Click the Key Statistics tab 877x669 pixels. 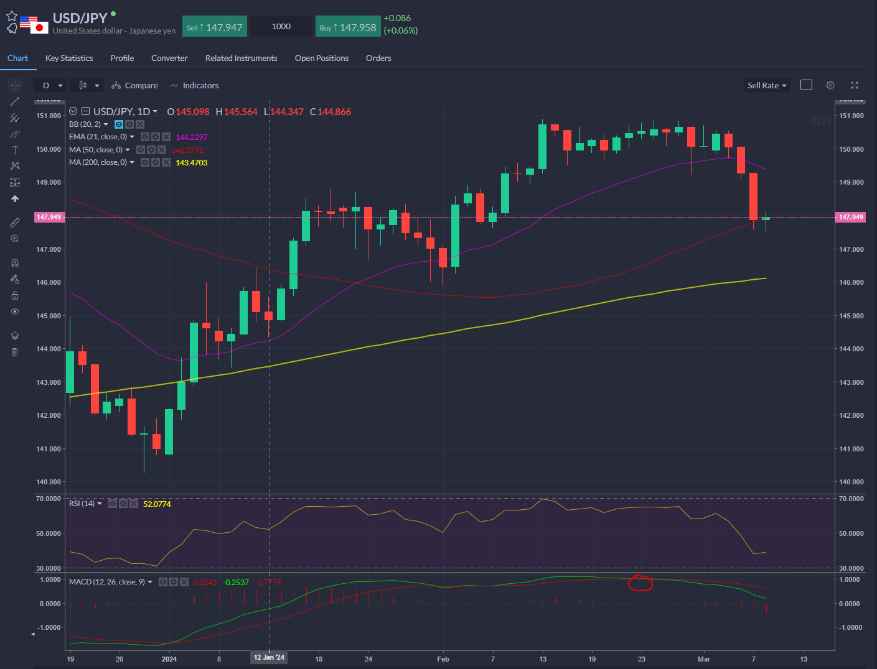pos(69,58)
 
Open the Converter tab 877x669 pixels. pos(169,58)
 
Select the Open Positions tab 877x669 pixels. pos(321,58)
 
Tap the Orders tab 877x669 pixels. pos(378,58)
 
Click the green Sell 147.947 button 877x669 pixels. pos(215,27)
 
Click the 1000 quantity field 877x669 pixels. pos(281,27)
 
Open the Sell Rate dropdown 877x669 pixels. pos(767,86)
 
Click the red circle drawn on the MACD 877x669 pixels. pos(640,583)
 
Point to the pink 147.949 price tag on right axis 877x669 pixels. pos(850,217)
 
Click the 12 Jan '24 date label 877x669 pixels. pos(269,657)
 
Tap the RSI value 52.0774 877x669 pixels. pos(157,504)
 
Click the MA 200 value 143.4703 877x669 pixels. pos(192,163)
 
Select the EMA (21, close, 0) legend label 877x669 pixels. pos(98,137)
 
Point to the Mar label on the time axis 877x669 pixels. pos(704,659)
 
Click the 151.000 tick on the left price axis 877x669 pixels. pos(49,116)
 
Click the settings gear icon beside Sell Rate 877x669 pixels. pos(830,85)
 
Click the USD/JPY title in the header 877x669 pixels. pos(80,18)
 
